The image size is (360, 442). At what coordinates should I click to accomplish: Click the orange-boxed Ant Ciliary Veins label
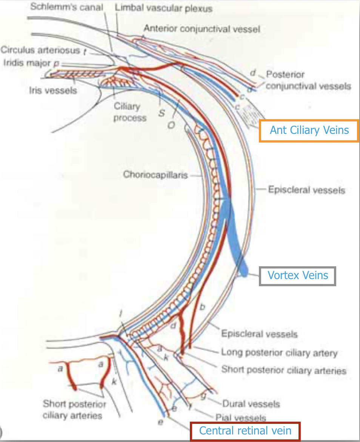[x=309, y=130]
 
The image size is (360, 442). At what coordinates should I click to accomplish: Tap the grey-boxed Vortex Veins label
[x=298, y=275]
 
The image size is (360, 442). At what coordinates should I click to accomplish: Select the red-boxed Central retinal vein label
[x=245, y=431]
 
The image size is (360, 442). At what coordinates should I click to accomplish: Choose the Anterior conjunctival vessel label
[x=202, y=28]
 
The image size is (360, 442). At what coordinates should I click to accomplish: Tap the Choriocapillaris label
[x=155, y=175]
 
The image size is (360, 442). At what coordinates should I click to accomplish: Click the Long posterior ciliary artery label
[x=279, y=353]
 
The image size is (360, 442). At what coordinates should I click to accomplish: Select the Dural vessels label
[x=251, y=404]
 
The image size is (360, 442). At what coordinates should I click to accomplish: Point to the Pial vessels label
[x=240, y=417]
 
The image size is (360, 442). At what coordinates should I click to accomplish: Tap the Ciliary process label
[x=130, y=112]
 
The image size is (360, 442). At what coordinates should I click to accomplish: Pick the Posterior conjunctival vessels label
[x=308, y=80]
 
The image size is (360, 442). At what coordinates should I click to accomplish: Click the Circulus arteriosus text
[x=40, y=50]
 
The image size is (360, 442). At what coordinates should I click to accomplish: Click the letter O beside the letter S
[x=171, y=126]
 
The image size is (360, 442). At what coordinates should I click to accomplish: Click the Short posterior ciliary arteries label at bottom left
[x=72, y=410]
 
